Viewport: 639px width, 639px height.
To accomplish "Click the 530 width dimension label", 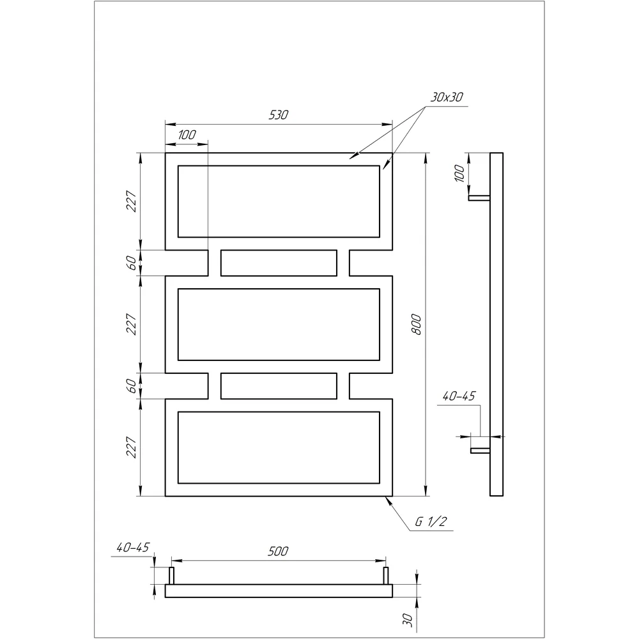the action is [279, 115].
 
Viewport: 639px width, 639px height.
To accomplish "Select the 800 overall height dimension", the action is [417, 325].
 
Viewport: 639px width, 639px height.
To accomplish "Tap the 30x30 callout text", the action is [447, 97].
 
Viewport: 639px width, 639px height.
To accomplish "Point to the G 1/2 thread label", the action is [431, 521].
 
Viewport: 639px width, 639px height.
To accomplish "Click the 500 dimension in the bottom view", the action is [278, 551].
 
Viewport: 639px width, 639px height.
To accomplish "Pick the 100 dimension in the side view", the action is [459, 173].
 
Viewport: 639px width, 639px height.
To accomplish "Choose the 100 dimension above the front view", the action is [187, 134].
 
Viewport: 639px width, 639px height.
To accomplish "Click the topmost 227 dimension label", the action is [131, 201].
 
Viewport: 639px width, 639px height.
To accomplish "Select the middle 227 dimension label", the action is [131, 324].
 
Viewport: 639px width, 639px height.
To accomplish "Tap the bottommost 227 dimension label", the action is [131, 447].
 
